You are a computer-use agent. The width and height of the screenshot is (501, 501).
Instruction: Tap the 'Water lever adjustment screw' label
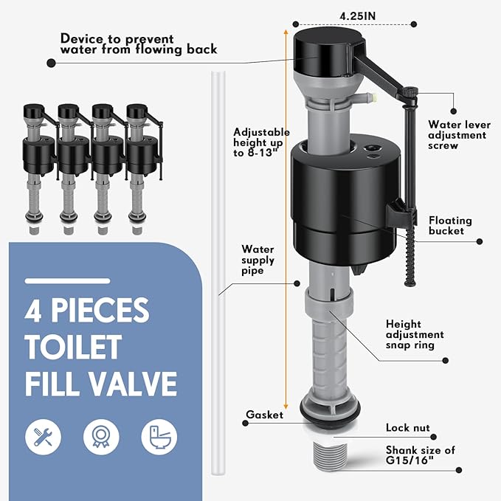(x=457, y=135)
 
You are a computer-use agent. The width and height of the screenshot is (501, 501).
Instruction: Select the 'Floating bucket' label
(x=449, y=226)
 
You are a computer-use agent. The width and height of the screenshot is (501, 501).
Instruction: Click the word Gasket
(x=265, y=415)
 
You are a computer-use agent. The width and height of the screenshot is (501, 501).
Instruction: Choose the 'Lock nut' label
(x=407, y=427)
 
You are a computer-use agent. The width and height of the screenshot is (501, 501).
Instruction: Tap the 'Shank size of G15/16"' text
(x=420, y=455)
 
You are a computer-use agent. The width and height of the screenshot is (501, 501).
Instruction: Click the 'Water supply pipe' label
(x=258, y=260)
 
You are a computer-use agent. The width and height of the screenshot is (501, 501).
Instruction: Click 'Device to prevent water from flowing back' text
(x=139, y=44)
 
